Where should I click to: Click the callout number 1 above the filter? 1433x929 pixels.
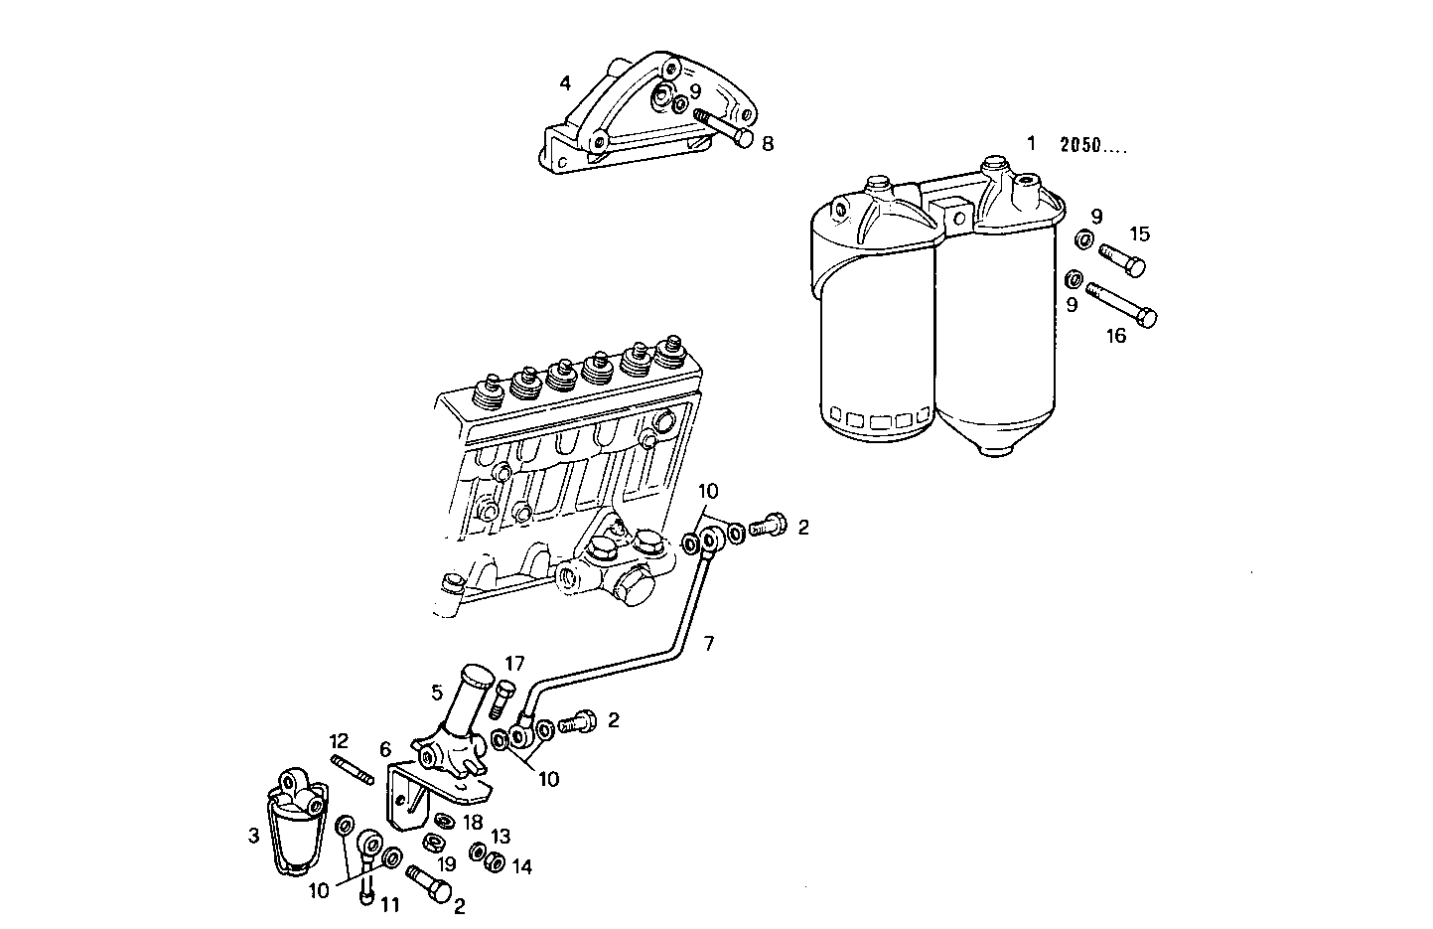1031,143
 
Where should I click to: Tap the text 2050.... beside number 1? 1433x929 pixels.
1093,145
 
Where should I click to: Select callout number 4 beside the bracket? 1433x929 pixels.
565,83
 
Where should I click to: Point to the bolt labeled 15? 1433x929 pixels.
1121,259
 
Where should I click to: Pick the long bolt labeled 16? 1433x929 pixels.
1123,304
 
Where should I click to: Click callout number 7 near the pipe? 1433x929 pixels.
708,643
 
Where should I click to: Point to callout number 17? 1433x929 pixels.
514,664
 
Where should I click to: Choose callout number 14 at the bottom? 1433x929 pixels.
522,866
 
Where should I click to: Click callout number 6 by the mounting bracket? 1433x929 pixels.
385,750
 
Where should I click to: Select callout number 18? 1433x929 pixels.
473,823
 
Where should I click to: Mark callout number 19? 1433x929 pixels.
448,864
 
